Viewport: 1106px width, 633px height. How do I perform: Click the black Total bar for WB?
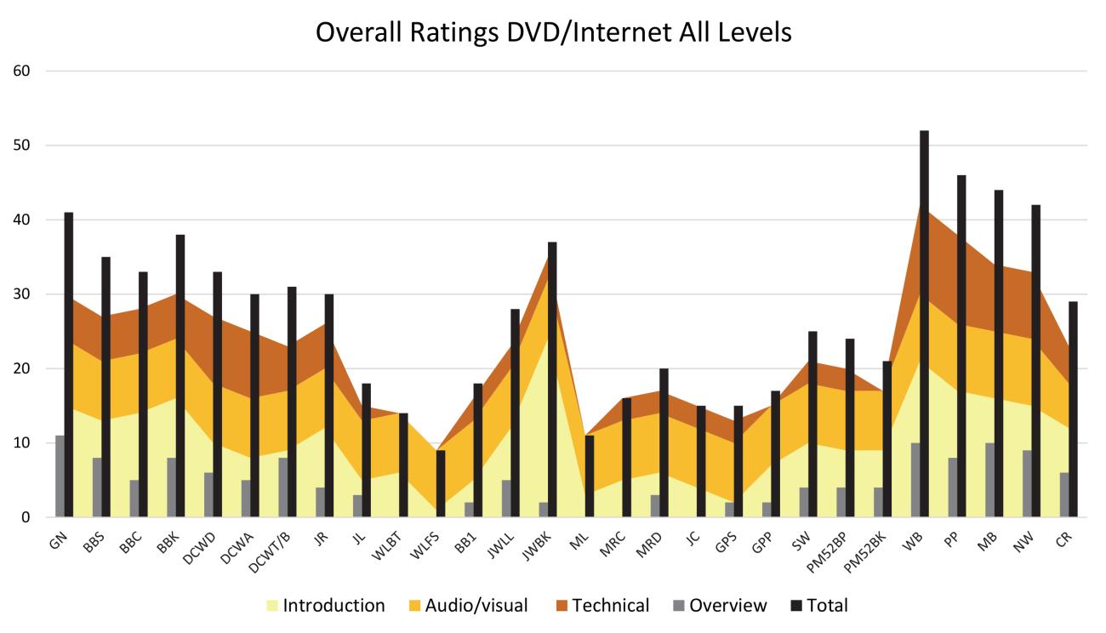[x=924, y=323]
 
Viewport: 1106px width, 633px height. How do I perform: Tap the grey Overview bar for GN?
[x=60, y=476]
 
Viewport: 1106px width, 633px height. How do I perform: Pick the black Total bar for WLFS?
[x=441, y=483]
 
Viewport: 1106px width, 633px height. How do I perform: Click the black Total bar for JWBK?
[x=552, y=379]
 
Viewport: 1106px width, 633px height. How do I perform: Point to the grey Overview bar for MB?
[x=989, y=480]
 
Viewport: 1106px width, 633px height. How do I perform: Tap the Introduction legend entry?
[x=326, y=606]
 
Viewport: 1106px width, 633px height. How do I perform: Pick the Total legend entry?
[x=818, y=606]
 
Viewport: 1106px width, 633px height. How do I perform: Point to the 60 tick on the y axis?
[x=22, y=71]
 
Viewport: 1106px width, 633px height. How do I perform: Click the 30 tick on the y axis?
[x=22, y=294]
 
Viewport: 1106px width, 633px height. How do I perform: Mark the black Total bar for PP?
[x=961, y=346]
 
